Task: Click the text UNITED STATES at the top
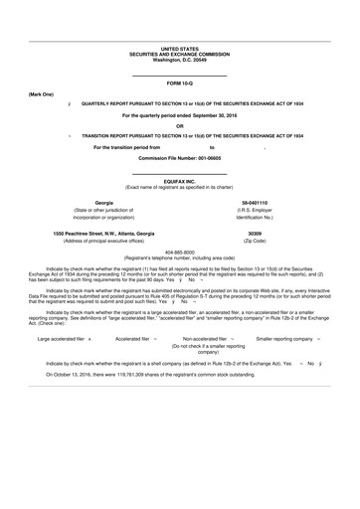pyautogui.click(x=180, y=48)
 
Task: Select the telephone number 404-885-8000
pyautogui.click(x=180, y=252)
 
